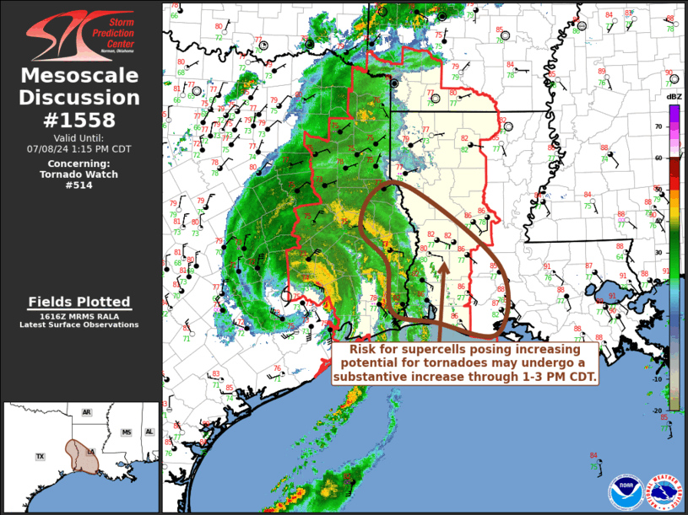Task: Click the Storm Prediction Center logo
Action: coord(80,35)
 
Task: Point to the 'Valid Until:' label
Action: coord(79,137)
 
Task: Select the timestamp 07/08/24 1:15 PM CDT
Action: coord(79,148)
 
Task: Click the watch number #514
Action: coord(79,185)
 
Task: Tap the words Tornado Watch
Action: coord(79,174)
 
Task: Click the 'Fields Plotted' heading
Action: coord(79,302)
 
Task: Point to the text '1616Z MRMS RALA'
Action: coord(79,316)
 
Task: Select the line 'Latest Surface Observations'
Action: coord(79,325)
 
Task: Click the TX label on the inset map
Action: coord(40,456)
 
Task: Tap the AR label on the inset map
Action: coord(86,412)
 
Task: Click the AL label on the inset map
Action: coord(149,432)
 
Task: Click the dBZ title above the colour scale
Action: coord(674,97)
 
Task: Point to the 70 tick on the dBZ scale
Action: coord(657,126)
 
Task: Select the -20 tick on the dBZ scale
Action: coord(655,408)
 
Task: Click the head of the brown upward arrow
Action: coord(443,265)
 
